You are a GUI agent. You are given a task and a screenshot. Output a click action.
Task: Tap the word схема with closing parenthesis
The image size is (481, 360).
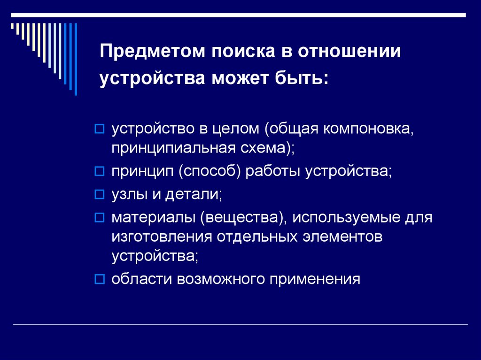[267, 148]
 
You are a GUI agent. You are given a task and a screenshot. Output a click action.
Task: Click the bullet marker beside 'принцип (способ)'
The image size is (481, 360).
[99, 172]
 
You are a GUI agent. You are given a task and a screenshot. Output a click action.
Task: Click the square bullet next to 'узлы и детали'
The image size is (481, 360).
[99, 195]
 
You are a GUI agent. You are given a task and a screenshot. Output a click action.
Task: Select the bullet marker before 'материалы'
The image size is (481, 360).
[99, 218]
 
